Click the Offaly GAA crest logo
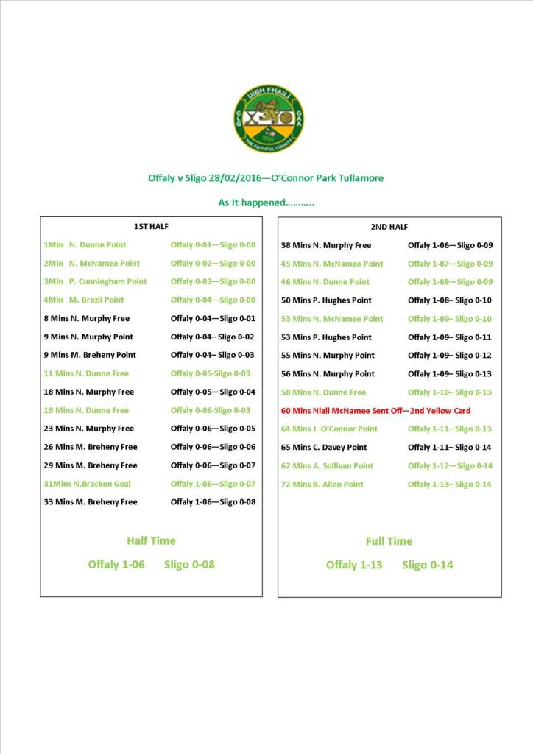[x=269, y=119]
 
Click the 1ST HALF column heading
[x=151, y=227]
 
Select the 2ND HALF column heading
[x=389, y=227]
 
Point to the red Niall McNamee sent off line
[x=375, y=411]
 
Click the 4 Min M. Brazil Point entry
[x=84, y=300]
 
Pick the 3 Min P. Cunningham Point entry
[x=95, y=281]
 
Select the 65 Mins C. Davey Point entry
[x=324, y=448]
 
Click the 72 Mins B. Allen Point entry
[x=322, y=485]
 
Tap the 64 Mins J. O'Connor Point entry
[x=329, y=429]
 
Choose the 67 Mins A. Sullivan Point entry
[x=327, y=466]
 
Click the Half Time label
[x=151, y=540]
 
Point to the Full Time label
[x=389, y=541]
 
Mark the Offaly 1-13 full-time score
[x=354, y=565]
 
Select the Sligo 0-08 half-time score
[x=189, y=565]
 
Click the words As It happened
[x=266, y=202]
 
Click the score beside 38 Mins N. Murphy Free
[x=450, y=245]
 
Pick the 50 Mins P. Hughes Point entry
[x=326, y=300]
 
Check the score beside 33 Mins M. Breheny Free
[x=213, y=502]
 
